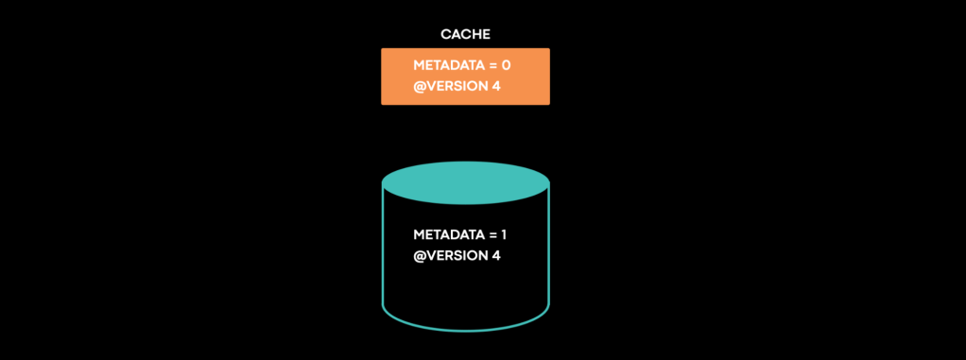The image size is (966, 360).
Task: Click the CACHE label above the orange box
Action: tap(465, 35)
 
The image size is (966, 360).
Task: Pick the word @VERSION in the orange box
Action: tap(449, 87)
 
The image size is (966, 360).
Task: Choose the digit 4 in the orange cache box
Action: tap(496, 87)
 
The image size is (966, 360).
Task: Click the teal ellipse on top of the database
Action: tap(465, 182)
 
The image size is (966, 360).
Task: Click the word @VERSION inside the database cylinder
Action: tap(449, 255)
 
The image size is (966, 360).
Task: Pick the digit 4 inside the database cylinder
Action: tap(496, 255)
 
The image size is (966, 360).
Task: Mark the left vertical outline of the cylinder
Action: tap(383, 246)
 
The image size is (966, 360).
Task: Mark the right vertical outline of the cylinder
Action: tap(548, 246)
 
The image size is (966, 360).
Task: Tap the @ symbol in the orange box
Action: tap(420, 87)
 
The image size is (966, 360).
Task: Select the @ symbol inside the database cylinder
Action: tap(420, 255)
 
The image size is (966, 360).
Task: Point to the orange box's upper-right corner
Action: tap(548, 49)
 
